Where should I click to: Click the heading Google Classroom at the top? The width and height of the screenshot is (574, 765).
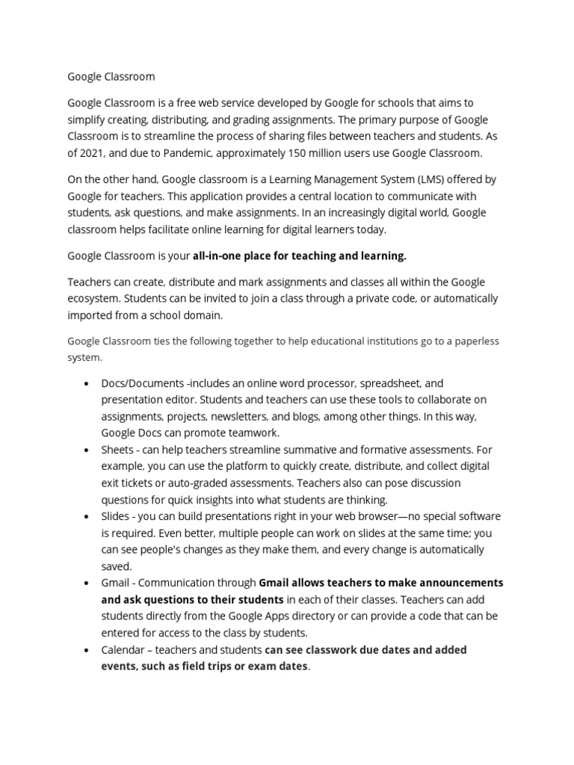point(111,76)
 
